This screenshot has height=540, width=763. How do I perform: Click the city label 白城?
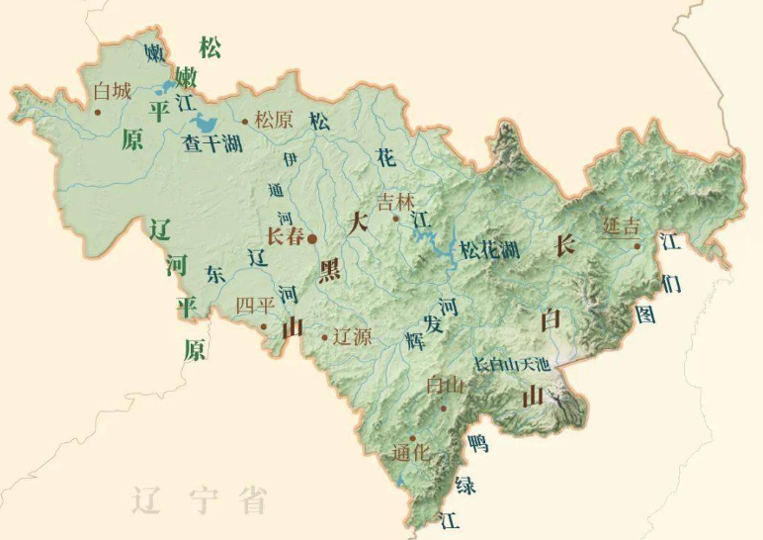coord(111,92)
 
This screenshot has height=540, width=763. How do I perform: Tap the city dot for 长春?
coord(311,238)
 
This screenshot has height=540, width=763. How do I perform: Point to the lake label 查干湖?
coord(212,144)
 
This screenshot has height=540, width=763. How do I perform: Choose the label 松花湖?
coord(489,249)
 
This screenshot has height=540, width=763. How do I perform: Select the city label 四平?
coord(254,305)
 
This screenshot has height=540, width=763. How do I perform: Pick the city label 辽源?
coord(352,336)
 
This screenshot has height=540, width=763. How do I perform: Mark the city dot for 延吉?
coord(637,246)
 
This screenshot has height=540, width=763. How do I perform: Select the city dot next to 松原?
coord(245,123)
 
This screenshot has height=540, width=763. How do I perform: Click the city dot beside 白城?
coord(98,111)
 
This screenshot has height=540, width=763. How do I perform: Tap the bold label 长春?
coord(286,237)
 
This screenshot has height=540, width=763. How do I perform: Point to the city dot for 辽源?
coord(324,337)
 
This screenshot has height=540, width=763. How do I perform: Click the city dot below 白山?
coord(444,406)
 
